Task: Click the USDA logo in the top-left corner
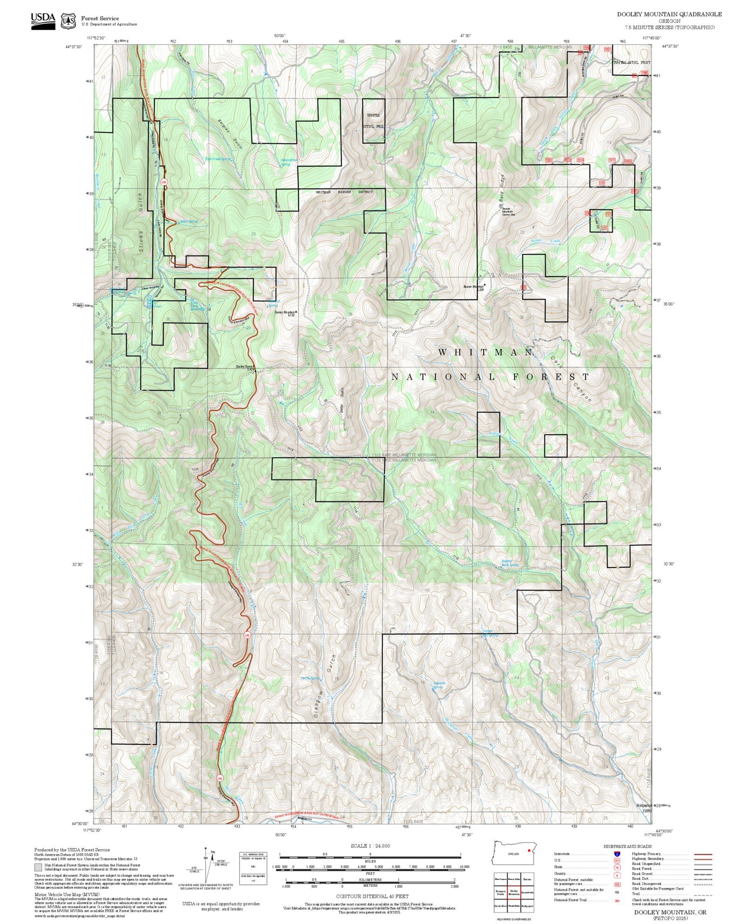(x=43, y=20)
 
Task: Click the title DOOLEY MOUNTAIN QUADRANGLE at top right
(x=669, y=14)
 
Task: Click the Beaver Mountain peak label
(x=473, y=287)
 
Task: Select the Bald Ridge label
(x=502, y=188)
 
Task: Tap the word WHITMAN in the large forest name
(x=485, y=352)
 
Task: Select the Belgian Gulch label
(x=230, y=133)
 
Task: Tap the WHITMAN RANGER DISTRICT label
(x=344, y=192)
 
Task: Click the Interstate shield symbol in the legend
(x=617, y=854)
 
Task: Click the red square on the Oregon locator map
(x=529, y=850)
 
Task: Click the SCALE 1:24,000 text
(x=370, y=846)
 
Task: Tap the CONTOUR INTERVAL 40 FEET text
(x=372, y=896)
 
